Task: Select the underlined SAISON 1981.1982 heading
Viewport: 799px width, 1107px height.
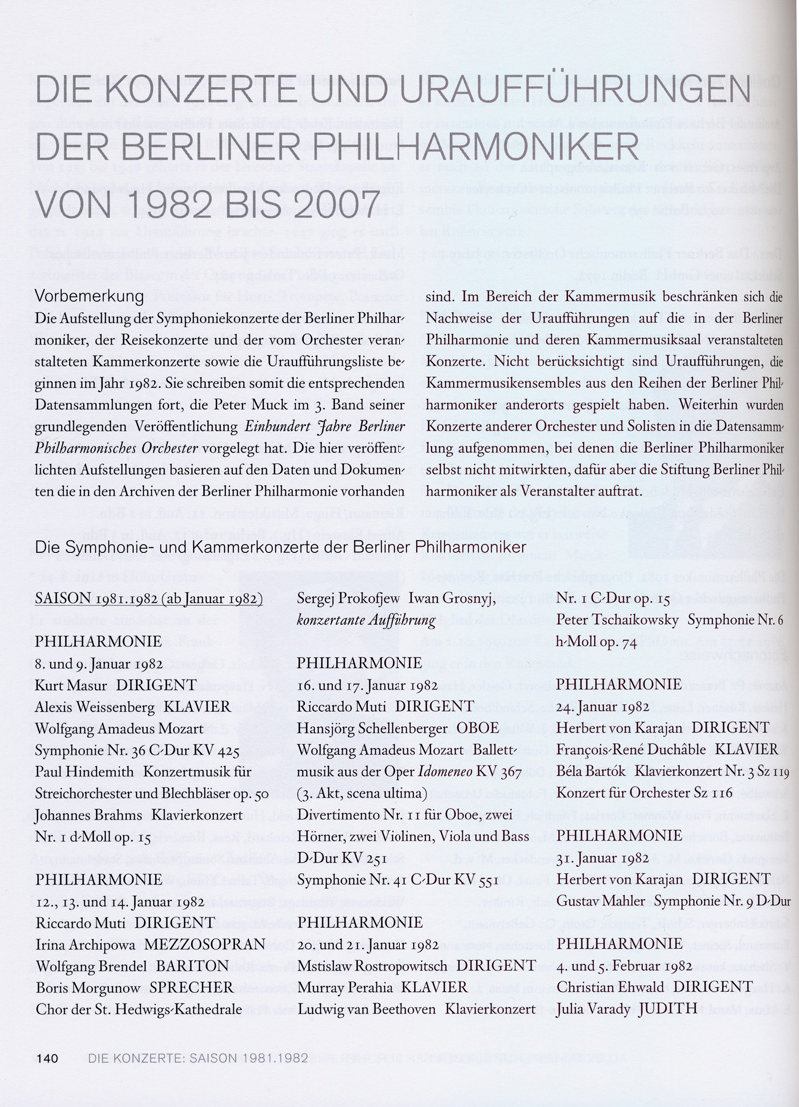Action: point(148,600)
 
